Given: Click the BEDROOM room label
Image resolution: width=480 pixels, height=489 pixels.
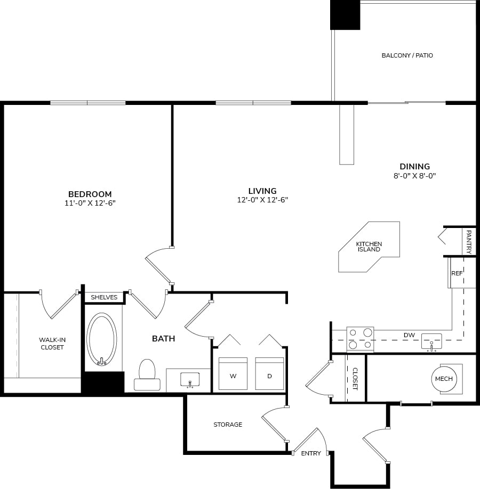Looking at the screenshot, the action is (x=90, y=194).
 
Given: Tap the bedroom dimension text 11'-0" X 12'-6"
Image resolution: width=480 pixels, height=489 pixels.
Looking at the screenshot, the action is (x=90, y=203).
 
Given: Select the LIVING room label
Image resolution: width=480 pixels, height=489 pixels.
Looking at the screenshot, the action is (x=262, y=191).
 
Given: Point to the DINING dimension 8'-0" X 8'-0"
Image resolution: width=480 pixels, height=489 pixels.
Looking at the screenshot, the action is (x=414, y=176).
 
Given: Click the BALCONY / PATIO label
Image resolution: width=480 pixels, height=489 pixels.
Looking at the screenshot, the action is (x=407, y=55).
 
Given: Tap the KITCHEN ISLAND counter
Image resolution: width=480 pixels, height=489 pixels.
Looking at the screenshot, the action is (x=369, y=247).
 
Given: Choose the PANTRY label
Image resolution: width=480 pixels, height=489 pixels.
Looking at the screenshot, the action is (x=469, y=242).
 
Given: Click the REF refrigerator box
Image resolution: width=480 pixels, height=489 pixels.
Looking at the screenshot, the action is (x=457, y=273).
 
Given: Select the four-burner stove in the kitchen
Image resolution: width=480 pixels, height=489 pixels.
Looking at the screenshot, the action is (x=360, y=339).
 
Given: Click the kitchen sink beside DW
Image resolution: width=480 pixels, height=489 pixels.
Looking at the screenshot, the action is (x=431, y=341).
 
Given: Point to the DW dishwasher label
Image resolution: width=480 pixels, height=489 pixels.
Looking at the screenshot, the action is (x=409, y=335).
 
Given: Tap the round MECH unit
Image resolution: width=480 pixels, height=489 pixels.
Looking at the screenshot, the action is (x=444, y=379).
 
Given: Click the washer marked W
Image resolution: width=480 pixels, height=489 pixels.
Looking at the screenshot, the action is (x=233, y=373).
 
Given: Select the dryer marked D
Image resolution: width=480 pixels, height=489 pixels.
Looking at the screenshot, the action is (x=269, y=373).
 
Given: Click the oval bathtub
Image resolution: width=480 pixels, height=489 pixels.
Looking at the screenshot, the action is (x=101, y=339).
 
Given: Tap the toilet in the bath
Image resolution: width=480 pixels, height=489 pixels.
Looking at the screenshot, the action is (x=147, y=375).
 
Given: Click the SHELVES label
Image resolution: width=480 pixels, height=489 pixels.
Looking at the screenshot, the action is (x=104, y=297).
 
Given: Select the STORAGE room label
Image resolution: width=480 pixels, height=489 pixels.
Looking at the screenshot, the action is (x=228, y=425).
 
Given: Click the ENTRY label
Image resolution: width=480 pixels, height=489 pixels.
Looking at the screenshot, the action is (x=311, y=453).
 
